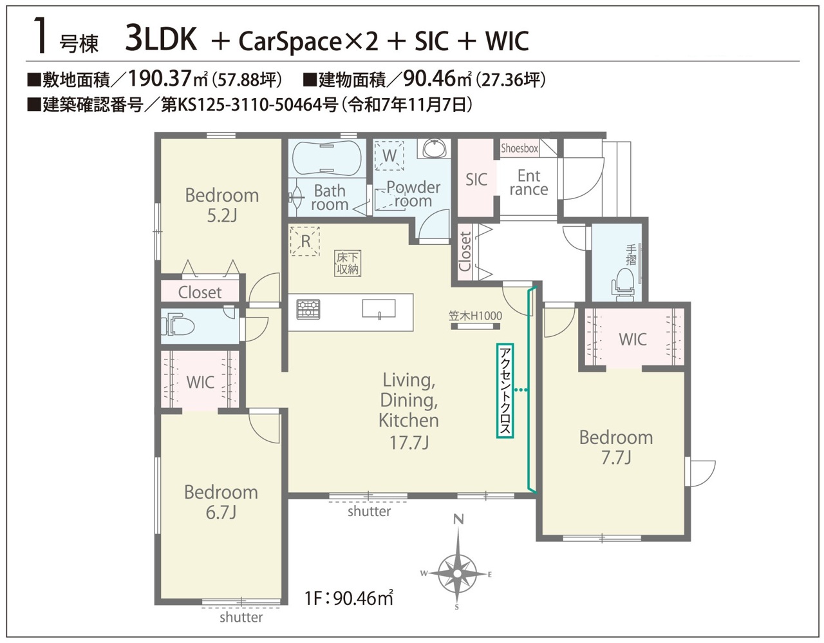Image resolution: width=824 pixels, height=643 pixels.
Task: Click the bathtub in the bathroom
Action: (x=326, y=158)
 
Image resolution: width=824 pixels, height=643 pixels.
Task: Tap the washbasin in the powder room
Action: (x=435, y=148)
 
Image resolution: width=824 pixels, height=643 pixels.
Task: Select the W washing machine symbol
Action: (x=389, y=155)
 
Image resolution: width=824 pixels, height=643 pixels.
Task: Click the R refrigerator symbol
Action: (x=304, y=241)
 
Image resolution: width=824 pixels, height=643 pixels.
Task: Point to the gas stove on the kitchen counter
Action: (x=308, y=309)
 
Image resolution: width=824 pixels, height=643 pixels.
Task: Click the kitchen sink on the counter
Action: (x=379, y=309)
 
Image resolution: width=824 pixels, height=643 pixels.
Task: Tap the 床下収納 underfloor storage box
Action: (x=348, y=264)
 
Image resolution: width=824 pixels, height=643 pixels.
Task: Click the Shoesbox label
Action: (x=520, y=148)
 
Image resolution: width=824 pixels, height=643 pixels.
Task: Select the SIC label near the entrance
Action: (x=476, y=179)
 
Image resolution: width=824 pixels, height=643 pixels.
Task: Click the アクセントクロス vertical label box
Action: (x=505, y=390)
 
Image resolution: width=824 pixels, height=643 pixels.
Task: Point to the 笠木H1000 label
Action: (x=475, y=316)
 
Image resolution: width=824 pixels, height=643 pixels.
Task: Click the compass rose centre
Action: (x=458, y=573)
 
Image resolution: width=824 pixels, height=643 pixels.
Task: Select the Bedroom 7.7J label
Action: (x=616, y=448)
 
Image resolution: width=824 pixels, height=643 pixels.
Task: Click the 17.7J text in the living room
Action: (x=409, y=443)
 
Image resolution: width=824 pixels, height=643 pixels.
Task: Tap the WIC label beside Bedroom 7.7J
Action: (x=633, y=340)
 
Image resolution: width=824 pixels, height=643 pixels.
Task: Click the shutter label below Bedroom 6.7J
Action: (x=241, y=617)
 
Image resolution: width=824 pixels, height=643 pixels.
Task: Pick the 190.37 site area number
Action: (x=159, y=79)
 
